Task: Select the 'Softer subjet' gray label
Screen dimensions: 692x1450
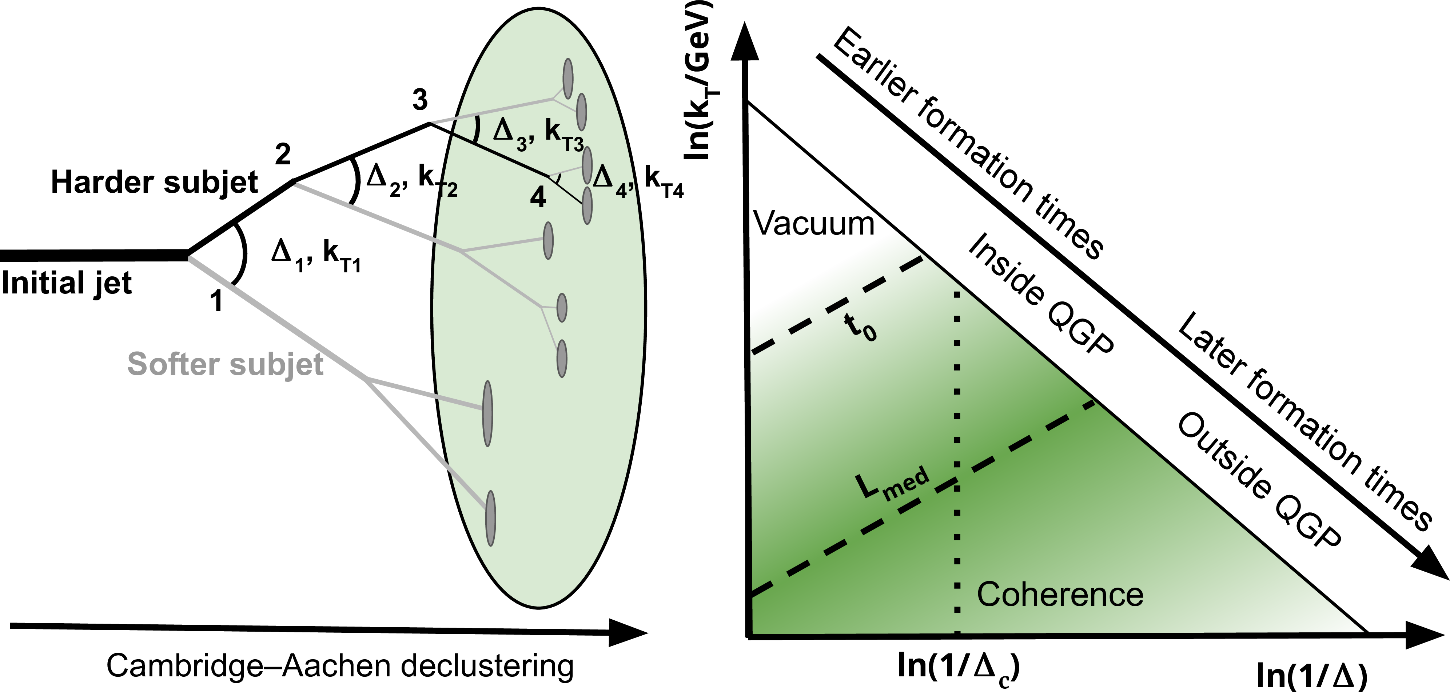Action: pyautogui.click(x=225, y=364)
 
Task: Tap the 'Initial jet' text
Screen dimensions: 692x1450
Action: pyautogui.click(x=67, y=283)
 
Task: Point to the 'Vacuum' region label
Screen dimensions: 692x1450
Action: pyautogui.click(x=814, y=224)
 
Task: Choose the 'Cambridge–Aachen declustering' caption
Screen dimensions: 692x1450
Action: pyautogui.click(x=340, y=666)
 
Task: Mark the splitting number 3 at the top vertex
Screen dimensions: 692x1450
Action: pyautogui.click(x=420, y=100)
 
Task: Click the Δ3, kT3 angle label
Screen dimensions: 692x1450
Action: pyautogui.click(x=538, y=135)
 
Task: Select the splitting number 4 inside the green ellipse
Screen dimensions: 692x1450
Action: pyautogui.click(x=538, y=197)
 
